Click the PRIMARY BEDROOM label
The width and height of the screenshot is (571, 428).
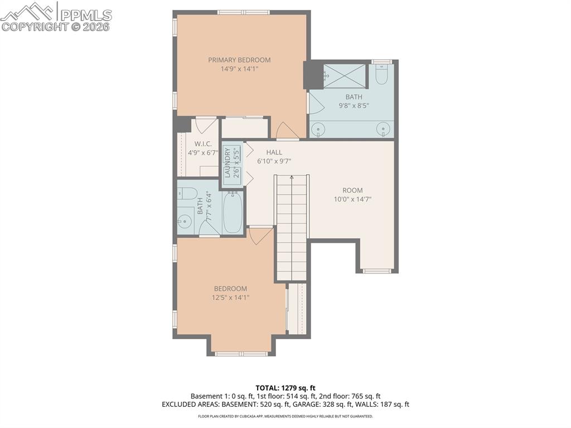coord(239,60)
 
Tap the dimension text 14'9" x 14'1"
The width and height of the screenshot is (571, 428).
coord(239,69)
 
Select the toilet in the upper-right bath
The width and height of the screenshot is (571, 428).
coord(381,75)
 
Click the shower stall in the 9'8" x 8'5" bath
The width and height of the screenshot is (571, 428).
coord(344,75)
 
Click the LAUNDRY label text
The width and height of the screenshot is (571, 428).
coord(228,162)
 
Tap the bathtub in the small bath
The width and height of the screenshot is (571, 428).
coord(233,213)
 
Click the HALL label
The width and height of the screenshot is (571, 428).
coord(274,152)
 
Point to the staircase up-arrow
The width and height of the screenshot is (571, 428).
coord(292,179)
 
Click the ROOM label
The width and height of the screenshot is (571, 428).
coord(352,190)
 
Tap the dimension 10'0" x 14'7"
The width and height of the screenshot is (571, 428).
coord(352,199)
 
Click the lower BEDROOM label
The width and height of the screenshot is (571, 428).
coord(230,288)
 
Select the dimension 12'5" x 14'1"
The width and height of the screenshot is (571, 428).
coord(230,298)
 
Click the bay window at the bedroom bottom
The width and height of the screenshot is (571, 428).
coord(241,353)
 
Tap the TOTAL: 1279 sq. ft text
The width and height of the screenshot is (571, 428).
coord(285,387)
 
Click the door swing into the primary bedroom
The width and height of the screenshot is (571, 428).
coord(287,130)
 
